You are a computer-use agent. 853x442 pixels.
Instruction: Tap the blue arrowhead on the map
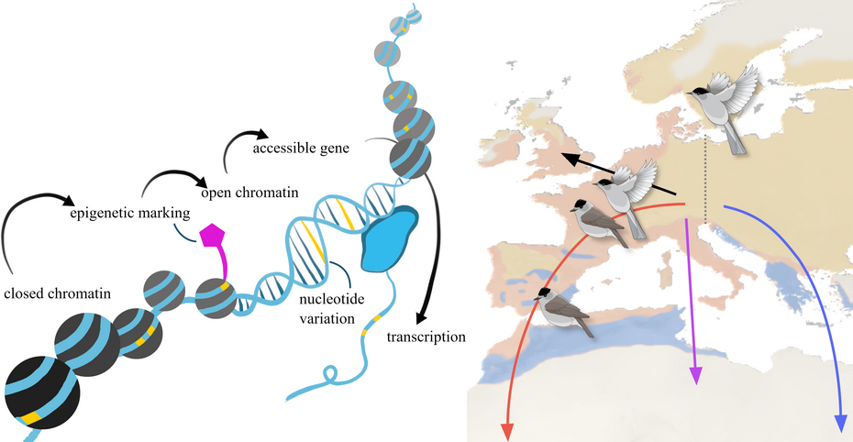pos(839,422)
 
